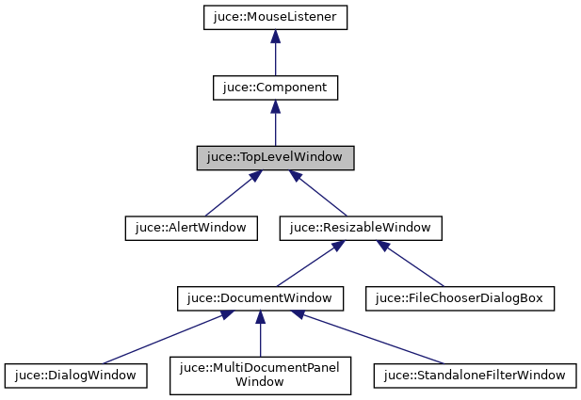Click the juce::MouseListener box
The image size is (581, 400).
click(275, 17)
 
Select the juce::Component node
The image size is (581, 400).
click(275, 88)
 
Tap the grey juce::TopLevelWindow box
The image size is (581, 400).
click(275, 158)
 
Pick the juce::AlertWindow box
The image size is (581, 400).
click(191, 228)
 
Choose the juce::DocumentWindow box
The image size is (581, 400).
click(260, 298)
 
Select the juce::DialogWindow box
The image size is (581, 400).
click(76, 376)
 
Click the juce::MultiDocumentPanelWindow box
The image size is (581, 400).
click(260, 375)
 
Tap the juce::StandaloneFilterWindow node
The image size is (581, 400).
click(474, 376)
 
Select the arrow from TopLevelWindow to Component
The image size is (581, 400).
click(275, 125)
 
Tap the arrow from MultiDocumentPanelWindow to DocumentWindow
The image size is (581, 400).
click(260, 334)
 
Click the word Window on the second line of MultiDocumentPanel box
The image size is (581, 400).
click(260, 382)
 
